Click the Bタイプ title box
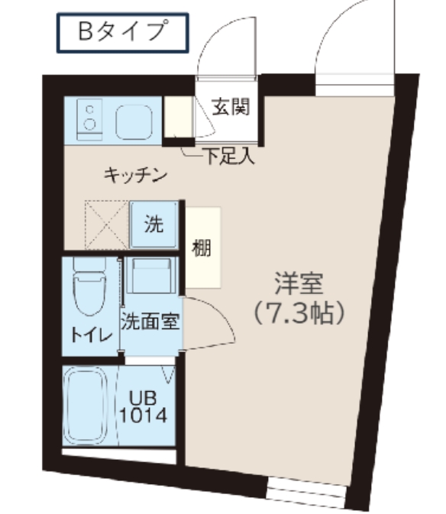(122, 32)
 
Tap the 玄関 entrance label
(230, 108)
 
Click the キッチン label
(135, 176)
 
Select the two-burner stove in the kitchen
(90, 119)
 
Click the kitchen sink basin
(135, 120)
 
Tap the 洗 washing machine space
(154, 225)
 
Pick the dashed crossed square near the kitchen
(106, 224)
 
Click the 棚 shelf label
(202, 247)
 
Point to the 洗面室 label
(150, 321)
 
